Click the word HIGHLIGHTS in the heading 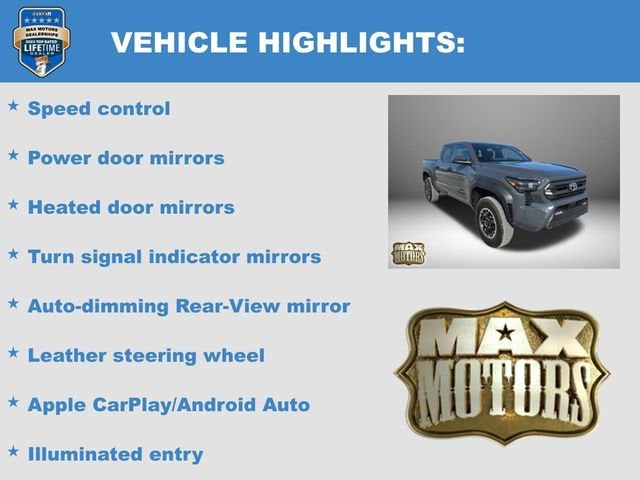click(350, 42)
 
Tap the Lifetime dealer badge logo click(41, 41)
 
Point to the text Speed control click(99, 108)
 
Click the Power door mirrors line click(126, 158)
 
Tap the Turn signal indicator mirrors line click(174, 257)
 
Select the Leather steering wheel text click(146, 355)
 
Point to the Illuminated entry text click(115, 454)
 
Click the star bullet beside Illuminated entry click(13, 452)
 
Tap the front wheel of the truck click(493, 220)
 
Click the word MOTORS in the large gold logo click(502, 385)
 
